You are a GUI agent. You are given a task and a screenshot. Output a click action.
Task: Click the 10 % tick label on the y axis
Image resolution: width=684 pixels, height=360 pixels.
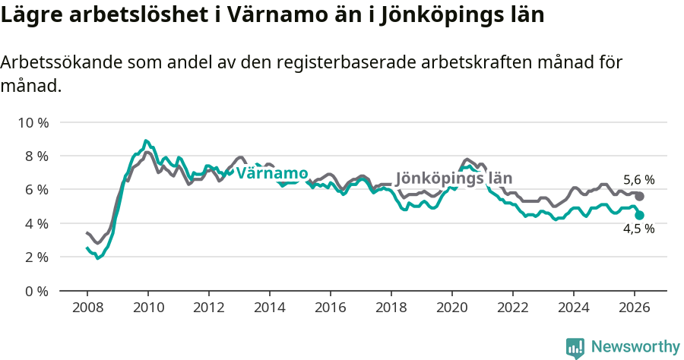pyautogui.click(x=33, y=122)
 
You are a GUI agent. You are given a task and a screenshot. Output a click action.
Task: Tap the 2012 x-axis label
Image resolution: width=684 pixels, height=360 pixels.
pyautogui.click(x=208, y=308)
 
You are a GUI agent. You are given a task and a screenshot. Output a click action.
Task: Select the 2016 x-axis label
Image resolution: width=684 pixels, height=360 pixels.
pyautogui.click(x=330, y=308)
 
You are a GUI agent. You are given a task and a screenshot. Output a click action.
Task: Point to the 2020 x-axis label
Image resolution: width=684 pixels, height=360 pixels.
pyautogui.click(x=451, y=308)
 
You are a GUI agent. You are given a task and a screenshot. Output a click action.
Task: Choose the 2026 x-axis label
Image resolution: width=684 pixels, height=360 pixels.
pyautogui.click(x=634, y=308)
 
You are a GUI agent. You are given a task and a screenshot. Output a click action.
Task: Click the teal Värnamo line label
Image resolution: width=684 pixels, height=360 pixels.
pyautogui.click(x=271, y=173)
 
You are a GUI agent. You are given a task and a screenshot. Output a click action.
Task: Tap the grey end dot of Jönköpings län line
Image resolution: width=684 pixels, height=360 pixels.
pyautogui.click(x=640, y=197)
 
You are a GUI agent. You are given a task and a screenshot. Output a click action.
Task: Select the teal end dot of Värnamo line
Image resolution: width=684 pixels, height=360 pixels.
pyautogui.click(x=640, y=215)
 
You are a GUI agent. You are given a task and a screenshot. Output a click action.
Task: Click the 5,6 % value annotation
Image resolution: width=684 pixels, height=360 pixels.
pyautogui.click(x=638, y=180)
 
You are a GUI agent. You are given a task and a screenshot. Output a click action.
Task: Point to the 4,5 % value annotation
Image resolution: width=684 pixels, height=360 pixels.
pyautogui.click(x=638, y=229)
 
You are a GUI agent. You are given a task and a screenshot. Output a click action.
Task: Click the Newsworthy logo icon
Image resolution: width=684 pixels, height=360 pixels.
pyautogui.click(x=575, y=348)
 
